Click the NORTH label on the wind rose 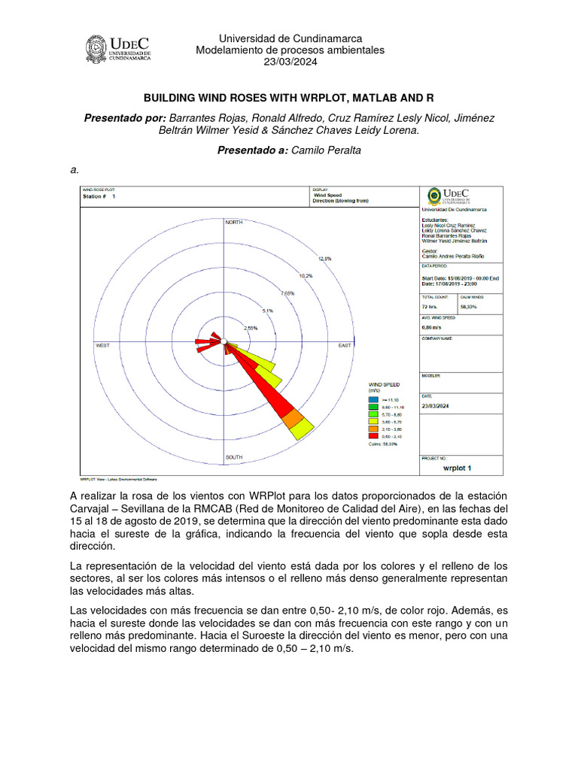click(x=234, y=223)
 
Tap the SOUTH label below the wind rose click(x=234, y=457)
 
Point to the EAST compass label click(x=345, y=345)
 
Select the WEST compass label click(x=103, y=345)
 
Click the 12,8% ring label click(x=324, y=259)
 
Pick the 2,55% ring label click(x=251, y=328)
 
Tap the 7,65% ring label click(x=287, y=293)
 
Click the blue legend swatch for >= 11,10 click(x=373, y=399)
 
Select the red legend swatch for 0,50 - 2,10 click(x=373, y=435)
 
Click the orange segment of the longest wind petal click(x=293, y=419)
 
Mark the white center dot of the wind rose click(x=224, y=343)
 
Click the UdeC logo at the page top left click(x=118, y=49)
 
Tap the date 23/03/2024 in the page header click(x=290, y=62)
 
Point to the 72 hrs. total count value click(x=430, y=308)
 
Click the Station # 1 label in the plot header click(x=99, y=196)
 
